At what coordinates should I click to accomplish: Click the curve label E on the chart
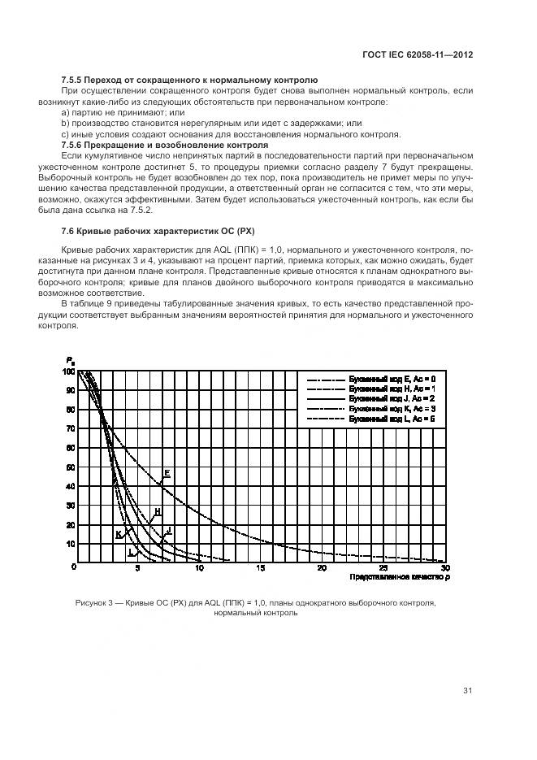pos(167,472)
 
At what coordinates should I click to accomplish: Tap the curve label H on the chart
pos(157,511)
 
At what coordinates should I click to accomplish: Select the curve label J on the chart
pos(168,530)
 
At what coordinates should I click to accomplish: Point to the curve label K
pos(119,534)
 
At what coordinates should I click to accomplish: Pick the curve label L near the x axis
pos(129,550)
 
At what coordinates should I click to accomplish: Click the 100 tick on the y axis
pos(68,371)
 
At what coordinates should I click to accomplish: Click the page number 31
pos(467,691)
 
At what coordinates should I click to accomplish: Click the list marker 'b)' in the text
pos(66,123)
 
